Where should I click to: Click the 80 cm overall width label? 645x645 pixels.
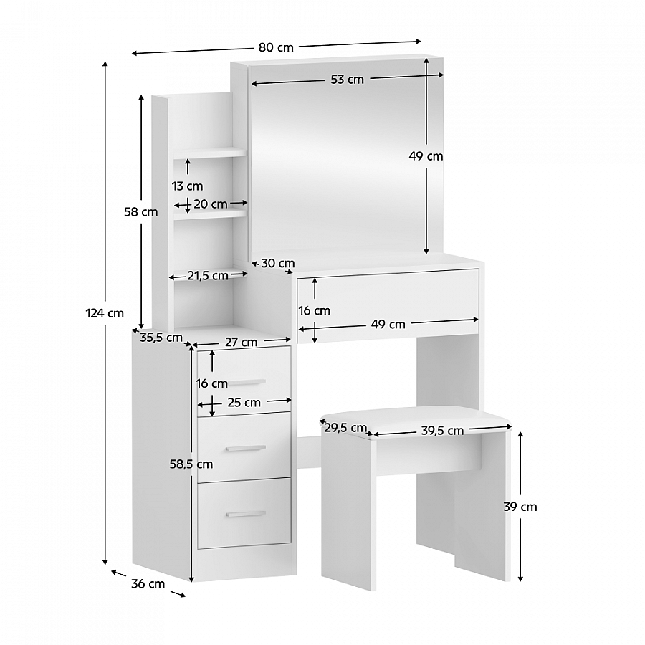[276, 47]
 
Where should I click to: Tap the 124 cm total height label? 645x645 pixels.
[105, 313]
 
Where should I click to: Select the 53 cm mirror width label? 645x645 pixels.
[347, 80]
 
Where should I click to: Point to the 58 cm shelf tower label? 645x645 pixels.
[141, 212]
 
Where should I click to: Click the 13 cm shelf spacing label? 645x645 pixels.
[187, 186]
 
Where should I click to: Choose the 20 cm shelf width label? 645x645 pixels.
[210, 204]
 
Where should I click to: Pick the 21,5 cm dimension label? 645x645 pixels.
[208, 276]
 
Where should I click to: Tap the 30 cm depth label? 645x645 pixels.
[277, 263]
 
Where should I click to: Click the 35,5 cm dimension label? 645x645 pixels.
[161, 338]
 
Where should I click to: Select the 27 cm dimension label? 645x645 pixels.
[241, 343]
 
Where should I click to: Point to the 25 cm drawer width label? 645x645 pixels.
[244, 402]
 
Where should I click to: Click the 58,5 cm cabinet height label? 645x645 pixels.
[191, 464]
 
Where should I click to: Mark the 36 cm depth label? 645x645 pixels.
[148, 583]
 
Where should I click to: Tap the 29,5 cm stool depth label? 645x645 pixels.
[345, 429]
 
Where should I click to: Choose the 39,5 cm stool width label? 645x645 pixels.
[442, 431]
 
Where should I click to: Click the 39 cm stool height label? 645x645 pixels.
[520, 507]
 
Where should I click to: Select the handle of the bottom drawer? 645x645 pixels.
[246, 514]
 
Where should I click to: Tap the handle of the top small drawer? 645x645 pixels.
[247, 383]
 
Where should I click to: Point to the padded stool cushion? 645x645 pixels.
[416, 421]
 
